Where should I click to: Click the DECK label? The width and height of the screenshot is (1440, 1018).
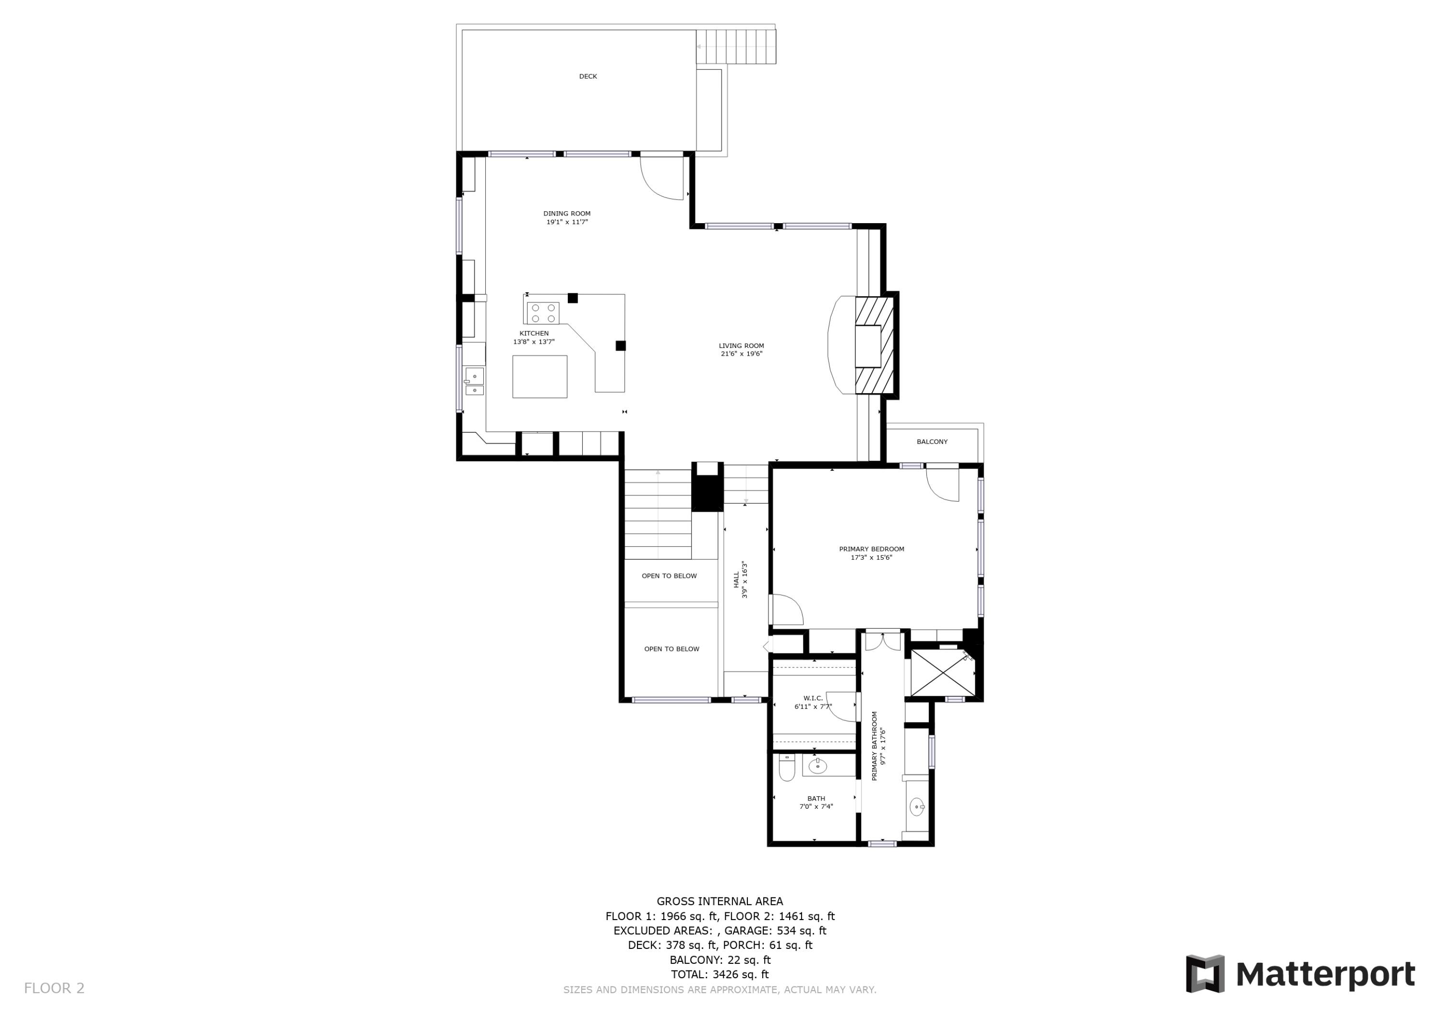point(588,76)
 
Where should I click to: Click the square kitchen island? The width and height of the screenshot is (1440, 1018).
point(540,376)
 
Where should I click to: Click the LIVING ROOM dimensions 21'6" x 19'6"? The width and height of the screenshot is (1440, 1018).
point(741,354)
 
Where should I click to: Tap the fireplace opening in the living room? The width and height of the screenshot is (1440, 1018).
point(869,346)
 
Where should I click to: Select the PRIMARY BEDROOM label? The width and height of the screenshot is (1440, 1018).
point(871,549)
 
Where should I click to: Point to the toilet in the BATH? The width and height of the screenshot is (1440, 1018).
point(787,768)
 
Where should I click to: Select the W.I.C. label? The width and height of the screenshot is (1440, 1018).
point(812,698)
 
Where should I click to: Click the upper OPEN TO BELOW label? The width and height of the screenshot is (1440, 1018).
point(669,576)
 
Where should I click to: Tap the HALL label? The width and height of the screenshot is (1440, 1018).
point(736,580)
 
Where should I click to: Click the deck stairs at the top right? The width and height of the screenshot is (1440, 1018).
point(736,47)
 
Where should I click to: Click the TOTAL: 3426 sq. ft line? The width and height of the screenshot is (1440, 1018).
point(720,974)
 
